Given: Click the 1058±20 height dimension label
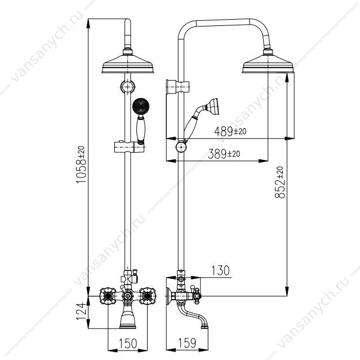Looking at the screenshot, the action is [x=81, y=165].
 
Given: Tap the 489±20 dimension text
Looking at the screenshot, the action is [x=230, y=132].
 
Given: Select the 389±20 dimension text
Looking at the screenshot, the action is [x=224, y=154].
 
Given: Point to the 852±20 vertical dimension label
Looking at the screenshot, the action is [x=279, y=183].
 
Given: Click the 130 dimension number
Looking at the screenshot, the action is [x=220, y=270].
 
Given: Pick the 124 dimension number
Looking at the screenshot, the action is [x=81, y=312].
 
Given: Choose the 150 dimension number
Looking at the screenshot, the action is [x=128, y=344].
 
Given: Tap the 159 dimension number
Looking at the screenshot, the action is [x=187, y=343].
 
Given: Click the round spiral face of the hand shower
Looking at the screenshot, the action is [x=141, y=106].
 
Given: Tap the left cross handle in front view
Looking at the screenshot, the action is [x=108, y=296].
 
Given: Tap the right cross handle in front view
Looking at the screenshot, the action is [x=148, y=296].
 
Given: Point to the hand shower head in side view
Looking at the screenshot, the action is [x=212, y=106].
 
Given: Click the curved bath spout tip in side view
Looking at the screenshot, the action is [x=205, y=326].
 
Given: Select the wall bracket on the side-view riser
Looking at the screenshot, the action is [x=177, y=87].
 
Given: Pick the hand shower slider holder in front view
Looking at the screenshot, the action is [x=129, y=147].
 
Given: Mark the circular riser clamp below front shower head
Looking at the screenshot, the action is [x=128, y=87].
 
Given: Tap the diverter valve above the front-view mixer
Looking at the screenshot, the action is [x=130, y=277].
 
